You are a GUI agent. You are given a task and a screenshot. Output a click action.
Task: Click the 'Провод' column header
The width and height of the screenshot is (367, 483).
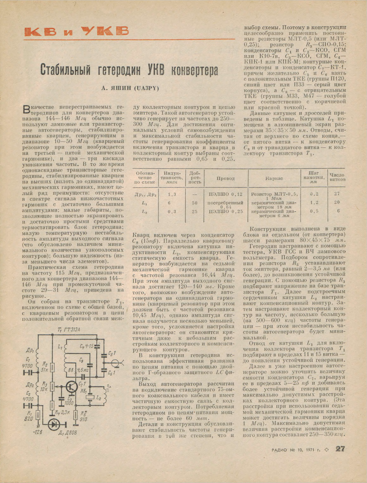[225, 179]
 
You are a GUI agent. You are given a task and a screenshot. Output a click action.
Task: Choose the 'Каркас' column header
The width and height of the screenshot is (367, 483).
[274, 179]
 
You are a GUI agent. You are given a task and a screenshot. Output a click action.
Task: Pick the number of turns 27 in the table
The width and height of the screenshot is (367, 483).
[337, 193]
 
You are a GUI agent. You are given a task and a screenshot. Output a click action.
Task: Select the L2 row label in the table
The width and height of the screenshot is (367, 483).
[145, 211]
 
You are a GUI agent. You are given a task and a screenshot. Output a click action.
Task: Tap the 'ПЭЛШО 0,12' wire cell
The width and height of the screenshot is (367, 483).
[225, 194]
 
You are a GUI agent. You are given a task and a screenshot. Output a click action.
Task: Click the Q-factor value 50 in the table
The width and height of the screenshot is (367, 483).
[194, 203]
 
